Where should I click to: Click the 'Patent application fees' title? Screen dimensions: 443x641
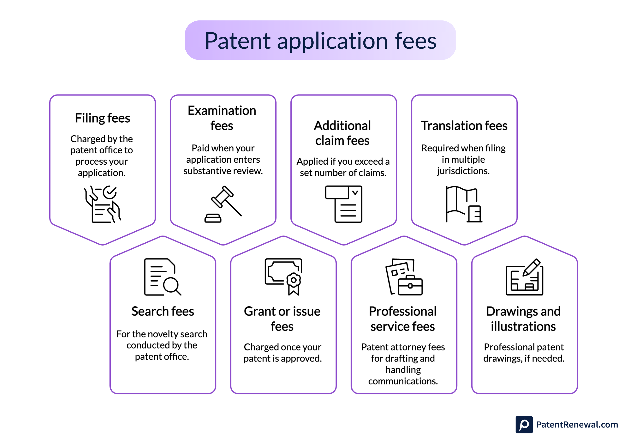320,41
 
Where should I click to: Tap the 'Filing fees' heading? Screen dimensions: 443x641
102,118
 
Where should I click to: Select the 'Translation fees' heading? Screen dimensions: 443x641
464,126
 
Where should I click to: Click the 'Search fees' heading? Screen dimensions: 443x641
163,311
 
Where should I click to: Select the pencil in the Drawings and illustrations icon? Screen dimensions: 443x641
531,267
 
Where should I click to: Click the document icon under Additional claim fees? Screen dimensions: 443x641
344,204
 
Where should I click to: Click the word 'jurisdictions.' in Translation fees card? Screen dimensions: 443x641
463,171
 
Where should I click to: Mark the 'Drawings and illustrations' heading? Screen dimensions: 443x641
523,319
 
